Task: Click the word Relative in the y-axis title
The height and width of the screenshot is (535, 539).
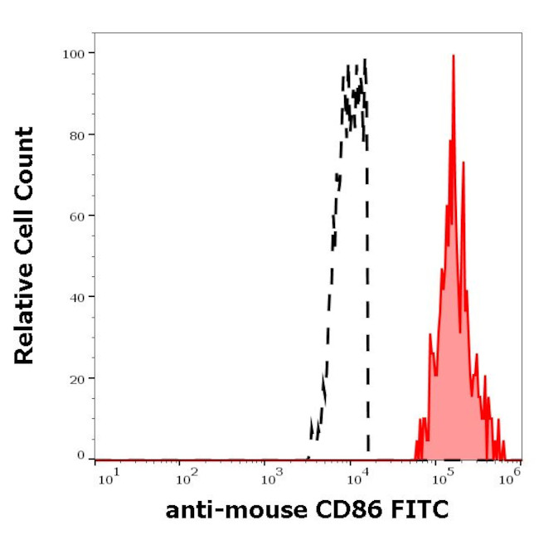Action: (x=24, y=319)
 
